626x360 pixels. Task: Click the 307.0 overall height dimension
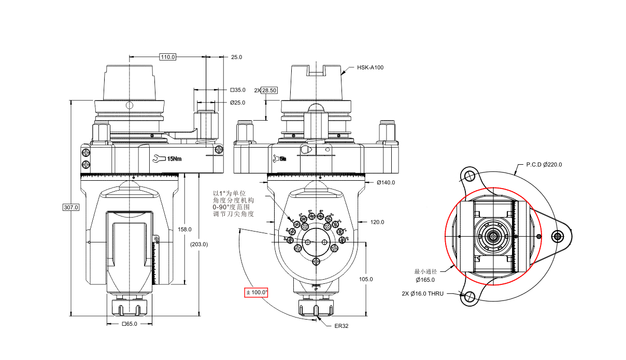point(70,207)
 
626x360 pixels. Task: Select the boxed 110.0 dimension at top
point(167,57)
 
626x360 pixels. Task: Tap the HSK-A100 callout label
point(370,67)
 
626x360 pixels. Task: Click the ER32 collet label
point(341,326)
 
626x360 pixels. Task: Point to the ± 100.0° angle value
point(257,292)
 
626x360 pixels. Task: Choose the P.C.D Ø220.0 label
point(544,164)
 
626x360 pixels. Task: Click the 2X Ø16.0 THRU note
point(422,293)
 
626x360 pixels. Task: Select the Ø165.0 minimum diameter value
point(424,280)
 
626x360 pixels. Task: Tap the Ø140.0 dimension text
point(386,182)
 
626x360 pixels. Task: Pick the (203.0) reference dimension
point(198,244)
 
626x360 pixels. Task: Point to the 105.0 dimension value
point(366,279)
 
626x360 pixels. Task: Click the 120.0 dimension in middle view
point(377,222)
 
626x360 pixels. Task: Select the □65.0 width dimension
point(130,324)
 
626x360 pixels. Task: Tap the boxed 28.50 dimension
point(269,90)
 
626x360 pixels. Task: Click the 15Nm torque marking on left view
point(173,159)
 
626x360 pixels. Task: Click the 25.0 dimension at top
point(236,57)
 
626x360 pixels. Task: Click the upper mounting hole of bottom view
point(471,174)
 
